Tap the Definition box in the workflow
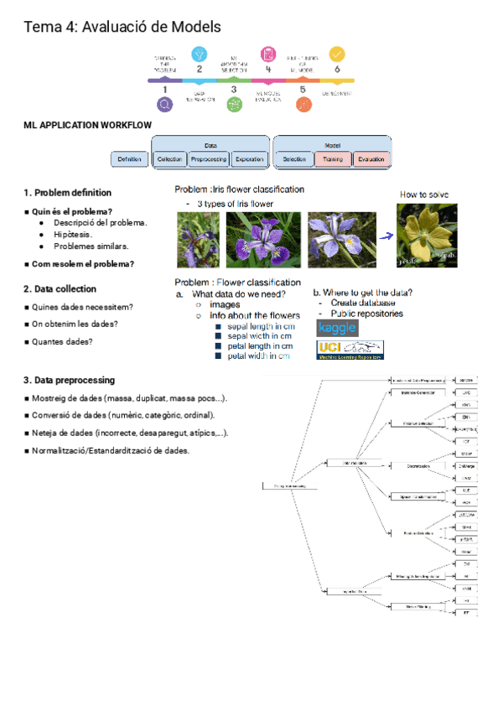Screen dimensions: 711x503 (129, 158)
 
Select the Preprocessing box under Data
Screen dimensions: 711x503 (208, 158)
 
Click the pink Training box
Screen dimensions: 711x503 (332, 158)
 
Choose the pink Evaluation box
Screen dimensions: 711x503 (371, 158)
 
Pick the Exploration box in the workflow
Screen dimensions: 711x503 (249, 158)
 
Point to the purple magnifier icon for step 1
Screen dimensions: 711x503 (164, 105)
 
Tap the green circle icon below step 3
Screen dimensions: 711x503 (234, 105)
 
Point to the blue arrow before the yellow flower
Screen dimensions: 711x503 (386, 236)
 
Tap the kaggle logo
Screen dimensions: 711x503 (337, 327)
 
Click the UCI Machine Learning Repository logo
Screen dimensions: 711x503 (350, 350)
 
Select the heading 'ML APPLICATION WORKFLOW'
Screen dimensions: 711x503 (88, 125)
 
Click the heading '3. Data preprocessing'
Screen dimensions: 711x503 (69, 380)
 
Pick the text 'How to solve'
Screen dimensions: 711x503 (424, 195)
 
